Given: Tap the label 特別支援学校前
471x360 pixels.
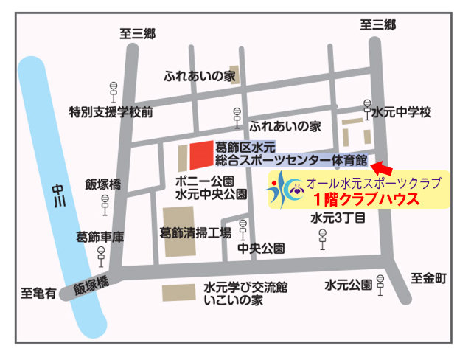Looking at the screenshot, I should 111,112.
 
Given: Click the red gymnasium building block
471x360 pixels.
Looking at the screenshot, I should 200,153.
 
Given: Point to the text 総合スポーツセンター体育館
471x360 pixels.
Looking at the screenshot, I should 291,159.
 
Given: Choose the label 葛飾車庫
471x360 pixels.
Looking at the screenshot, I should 100,237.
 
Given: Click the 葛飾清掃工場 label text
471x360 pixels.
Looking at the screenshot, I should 195,232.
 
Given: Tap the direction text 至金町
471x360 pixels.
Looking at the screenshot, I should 430,277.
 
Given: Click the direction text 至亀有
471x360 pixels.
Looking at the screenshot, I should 38,294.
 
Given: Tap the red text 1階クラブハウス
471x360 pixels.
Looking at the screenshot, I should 366,198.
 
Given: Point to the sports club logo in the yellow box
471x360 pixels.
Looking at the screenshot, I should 285,190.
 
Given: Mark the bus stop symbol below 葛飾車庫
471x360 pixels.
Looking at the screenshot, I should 101,255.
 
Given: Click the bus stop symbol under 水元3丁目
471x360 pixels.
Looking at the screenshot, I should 322,238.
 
